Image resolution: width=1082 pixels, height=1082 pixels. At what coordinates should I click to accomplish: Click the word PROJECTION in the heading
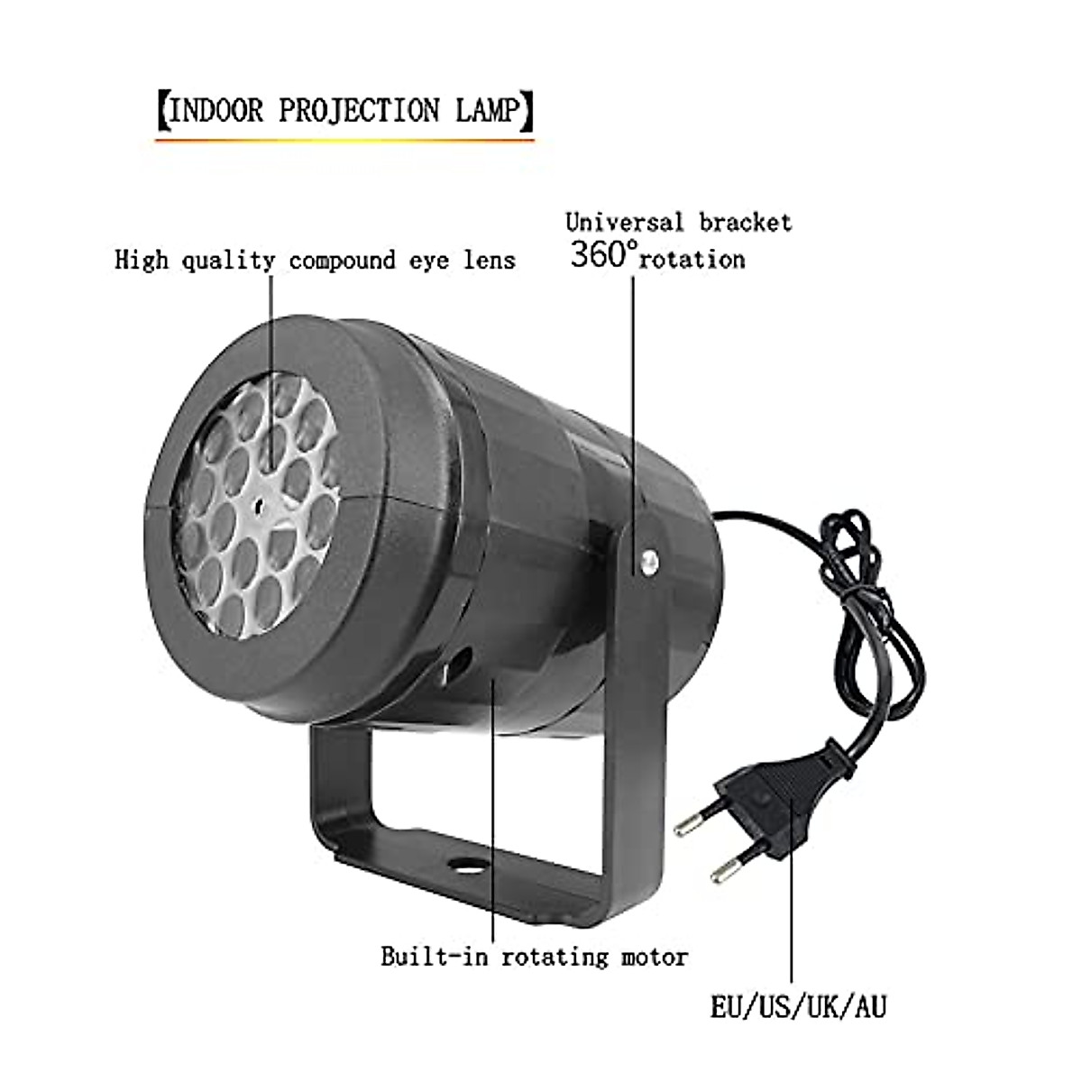(x=360, y=111)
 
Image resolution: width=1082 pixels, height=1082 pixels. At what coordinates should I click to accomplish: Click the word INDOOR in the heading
(x=217, y=111)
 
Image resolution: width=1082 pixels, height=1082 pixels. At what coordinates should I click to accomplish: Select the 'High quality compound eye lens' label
(x=316, y=261)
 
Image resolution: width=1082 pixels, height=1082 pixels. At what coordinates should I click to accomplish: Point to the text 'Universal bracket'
(x=679, y=222)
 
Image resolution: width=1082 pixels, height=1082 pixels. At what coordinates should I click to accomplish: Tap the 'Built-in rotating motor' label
(x=534, y=957)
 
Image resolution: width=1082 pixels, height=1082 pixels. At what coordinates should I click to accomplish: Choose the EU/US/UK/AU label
(x=798, y=1006)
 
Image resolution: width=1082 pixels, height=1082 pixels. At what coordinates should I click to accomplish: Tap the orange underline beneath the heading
(x=344, y=140)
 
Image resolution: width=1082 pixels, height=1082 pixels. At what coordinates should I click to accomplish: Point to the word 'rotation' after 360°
(x=693, y=260)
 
